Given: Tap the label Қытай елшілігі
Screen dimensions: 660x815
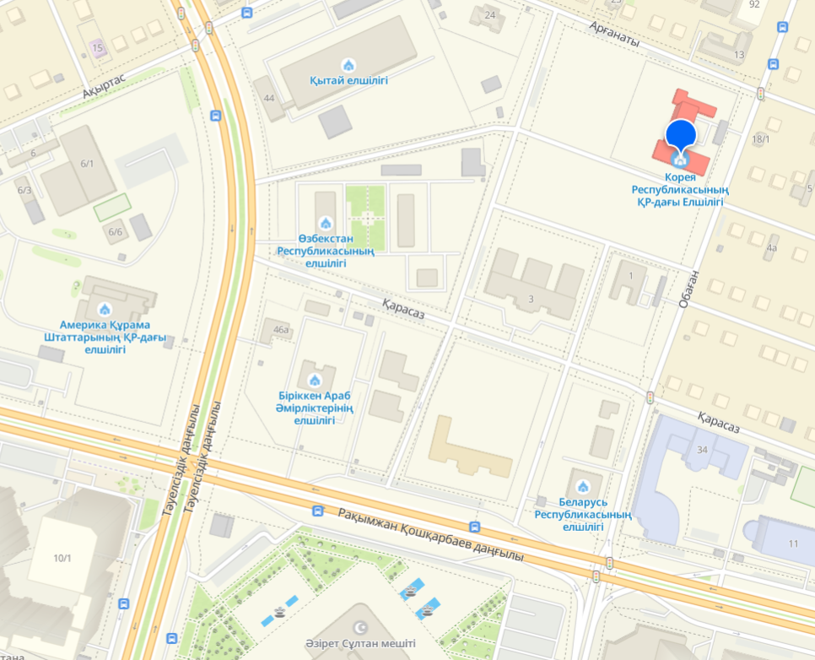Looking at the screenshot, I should click(348, 81).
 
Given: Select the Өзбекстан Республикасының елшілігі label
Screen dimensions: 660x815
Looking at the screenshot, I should click(326, 251).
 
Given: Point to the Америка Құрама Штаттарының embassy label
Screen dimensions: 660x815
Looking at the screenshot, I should click(105, 336).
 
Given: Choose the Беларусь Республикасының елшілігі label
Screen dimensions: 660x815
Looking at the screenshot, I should click(582, 514).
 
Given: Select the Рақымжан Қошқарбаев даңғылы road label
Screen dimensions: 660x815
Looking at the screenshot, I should click(431, 535).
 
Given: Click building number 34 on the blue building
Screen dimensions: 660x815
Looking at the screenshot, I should click(702, 449).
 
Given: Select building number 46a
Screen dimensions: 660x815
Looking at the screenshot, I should click(281, 330).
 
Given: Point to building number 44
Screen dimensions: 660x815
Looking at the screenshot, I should click(269, 98).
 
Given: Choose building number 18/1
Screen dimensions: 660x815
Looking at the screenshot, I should click(761, 139).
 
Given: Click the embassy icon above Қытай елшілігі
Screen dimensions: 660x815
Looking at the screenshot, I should click(348, 65).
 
